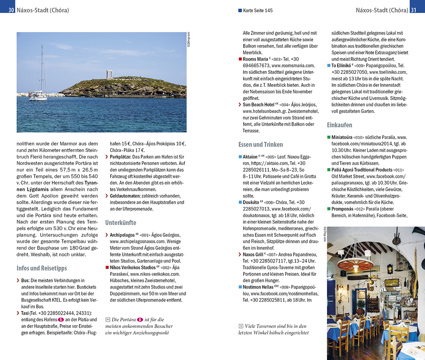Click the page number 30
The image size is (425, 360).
(11, 10)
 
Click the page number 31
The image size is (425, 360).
(413, 10)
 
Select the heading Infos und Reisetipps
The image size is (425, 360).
(42, 268)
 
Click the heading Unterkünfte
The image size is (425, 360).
(121, 223)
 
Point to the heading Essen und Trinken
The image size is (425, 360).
(260, 145)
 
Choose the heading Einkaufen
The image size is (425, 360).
(339, 125)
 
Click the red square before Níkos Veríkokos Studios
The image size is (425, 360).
(107, 267)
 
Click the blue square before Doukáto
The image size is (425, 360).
(240, 202)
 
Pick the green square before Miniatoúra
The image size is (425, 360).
(329, 138)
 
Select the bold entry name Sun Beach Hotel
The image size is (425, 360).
(258, 105)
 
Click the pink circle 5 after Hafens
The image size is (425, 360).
(61, 320)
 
